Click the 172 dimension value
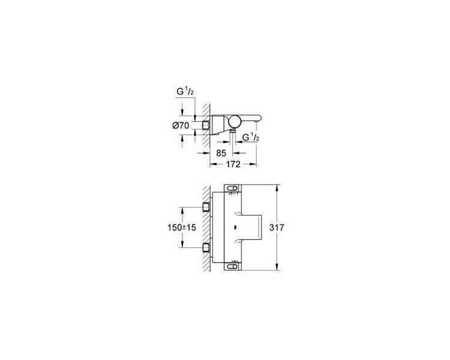[x=233, y=164]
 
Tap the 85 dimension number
[x=221, y=154]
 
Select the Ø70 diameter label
[x=181, y=125]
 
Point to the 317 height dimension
[x=277, y=227]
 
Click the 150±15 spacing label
[x=181, y=227]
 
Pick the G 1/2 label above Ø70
[x=185, y=92]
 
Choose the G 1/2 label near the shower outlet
[x=251, y=137]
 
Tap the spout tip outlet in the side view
[x=256, y=122]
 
